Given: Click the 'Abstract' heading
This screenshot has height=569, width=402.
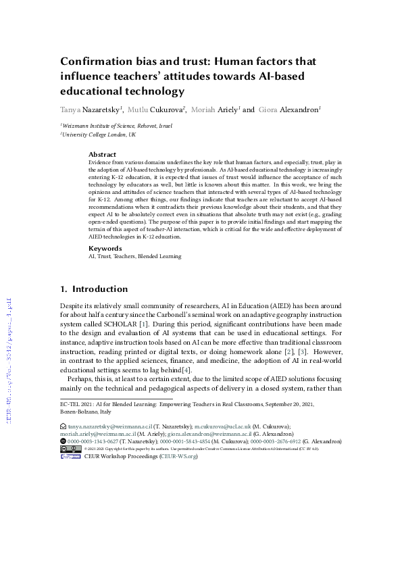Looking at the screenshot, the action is pyautogui.click(x=102, y=155).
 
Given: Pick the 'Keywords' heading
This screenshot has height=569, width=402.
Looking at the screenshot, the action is pyautogui.click(x=105, y=248).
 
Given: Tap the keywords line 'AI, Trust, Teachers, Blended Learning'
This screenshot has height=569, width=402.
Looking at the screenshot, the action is pyautogui.click(x=135, y=257).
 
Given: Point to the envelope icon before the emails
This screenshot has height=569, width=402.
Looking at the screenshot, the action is pyautogui.click(x=64, y=427).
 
